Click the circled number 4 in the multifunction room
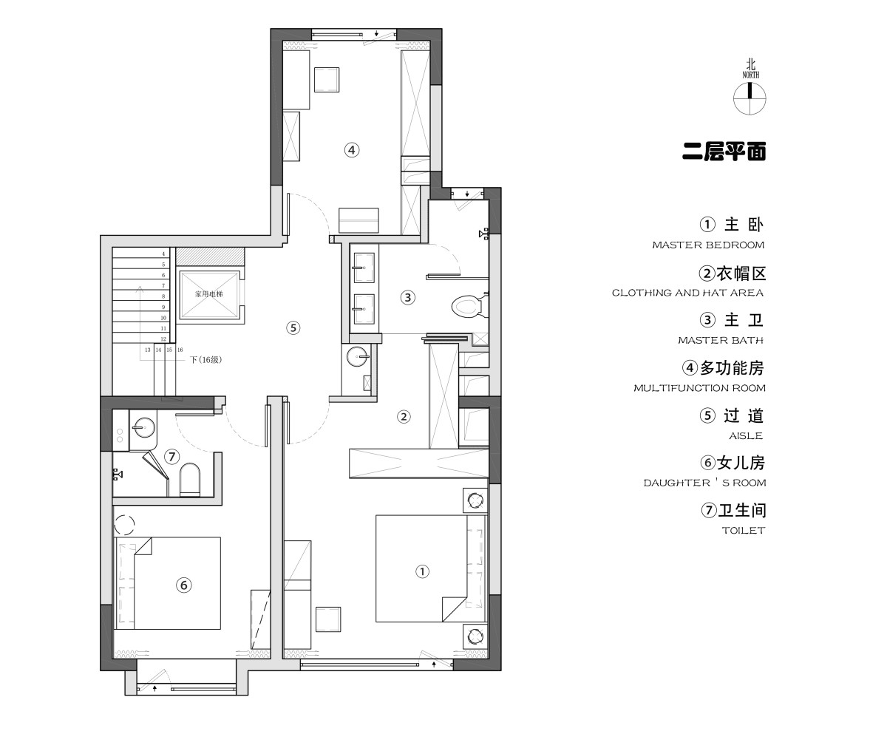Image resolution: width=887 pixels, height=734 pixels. (351, 150)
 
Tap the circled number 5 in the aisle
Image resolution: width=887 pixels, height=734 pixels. (293, 328)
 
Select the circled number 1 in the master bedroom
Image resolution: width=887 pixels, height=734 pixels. (422, 571)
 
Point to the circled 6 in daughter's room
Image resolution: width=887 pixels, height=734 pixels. (183, 585)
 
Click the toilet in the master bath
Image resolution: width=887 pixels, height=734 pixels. (469, 306)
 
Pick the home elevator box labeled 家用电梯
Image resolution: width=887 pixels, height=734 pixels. (208, 294)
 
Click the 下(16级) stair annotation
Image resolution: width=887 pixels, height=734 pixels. (205, 360)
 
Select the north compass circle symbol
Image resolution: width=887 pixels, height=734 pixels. (750, 98)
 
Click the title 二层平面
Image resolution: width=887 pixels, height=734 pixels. (724, 152)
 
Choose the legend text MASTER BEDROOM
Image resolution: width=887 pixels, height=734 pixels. (708, 245)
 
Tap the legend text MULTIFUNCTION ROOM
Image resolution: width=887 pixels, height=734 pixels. (699, 388)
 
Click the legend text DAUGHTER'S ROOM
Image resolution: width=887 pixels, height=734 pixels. (704, 483)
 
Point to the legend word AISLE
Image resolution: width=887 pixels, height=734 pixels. (746, 436)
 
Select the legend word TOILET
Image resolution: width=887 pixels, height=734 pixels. (744, 531)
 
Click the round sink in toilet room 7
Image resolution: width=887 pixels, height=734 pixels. (143, 428)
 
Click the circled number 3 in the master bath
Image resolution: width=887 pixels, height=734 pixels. (408, 297)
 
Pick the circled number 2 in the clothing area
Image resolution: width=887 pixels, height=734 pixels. (404, 417)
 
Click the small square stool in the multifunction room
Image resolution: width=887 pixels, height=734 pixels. (327, 79)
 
